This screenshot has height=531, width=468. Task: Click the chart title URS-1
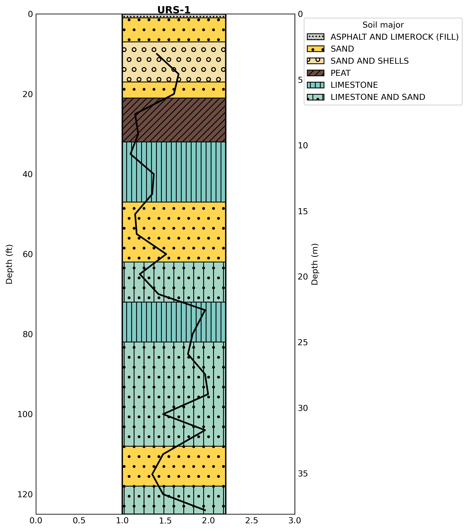tap(174, 10)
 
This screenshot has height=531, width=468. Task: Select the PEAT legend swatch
tap(315, 73)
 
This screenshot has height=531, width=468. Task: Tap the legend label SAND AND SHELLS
tap(369, 61)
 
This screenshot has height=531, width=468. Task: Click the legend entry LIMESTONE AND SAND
tap(378, 97)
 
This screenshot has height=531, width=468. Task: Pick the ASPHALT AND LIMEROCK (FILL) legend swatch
tap(315, 37)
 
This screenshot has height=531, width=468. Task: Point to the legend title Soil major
tap(383, 25)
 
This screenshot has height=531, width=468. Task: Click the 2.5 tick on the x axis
tap(252, 521)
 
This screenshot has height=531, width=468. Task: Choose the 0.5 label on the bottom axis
tap(79, 521)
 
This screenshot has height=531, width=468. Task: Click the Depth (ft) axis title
tap(9, 264)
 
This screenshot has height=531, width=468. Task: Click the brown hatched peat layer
tap(174, 120)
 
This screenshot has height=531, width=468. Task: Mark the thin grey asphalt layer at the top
tap(174, 16)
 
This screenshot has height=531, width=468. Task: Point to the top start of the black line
tap(157, 54)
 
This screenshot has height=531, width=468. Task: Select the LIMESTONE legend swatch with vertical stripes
tap(315, 85)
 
